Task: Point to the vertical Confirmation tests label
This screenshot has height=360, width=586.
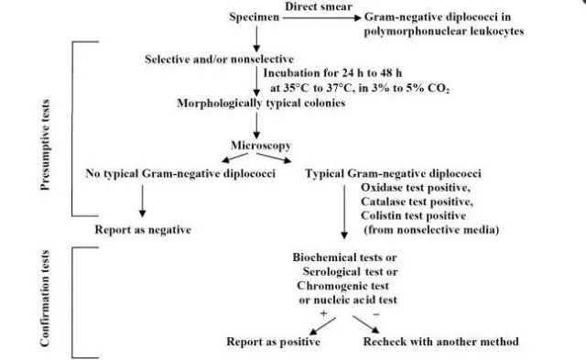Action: coord(46,306)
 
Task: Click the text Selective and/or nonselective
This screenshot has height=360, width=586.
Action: coord(212,60)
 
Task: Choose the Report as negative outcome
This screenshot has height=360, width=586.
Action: coord(143,229)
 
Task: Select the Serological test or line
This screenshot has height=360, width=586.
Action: coord(355,272)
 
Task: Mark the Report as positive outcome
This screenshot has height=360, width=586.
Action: coord(274,342)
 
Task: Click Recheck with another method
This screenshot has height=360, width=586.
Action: coord(438,342)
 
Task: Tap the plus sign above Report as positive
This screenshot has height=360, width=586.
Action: coord(321,313)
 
